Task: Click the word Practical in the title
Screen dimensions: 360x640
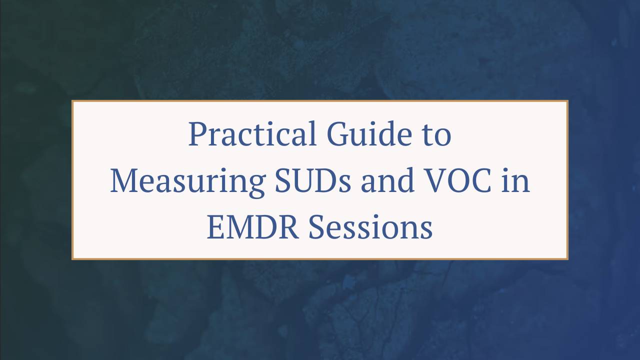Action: pyautogui.click(x=252, y=134)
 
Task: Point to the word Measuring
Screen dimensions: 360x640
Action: pyautogui.click(x=187, y=180)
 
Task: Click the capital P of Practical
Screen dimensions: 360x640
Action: pyautogui.click(x=196, y=134)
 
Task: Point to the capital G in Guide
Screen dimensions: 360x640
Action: pyautogui.click(x=338, y=134)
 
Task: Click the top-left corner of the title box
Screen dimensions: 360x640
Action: pyautogui.click(x=72, y=101)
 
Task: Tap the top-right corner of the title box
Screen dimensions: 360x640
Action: pyautogui.click(x=567, y=101)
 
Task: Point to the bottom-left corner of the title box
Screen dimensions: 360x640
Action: pyautogui.click(x=72, y=259)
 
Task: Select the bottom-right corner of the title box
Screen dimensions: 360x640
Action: pyautogui.click(x=567, y=259)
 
